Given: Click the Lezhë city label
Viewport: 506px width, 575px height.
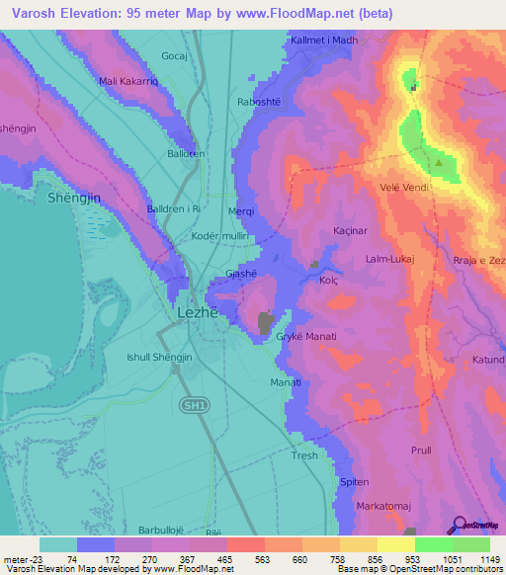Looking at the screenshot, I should pos(196,311).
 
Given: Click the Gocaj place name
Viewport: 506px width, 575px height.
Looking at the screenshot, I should pos(174,56).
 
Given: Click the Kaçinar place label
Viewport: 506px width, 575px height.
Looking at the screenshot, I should pos(350,230).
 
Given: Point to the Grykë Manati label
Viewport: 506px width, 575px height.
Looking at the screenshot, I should pos(306,337).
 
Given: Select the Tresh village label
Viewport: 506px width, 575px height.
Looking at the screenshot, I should pos(304,455).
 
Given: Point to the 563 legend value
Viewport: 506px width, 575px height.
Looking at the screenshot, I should pos(244,559).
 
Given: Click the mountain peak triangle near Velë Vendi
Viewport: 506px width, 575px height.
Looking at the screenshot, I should pos(438,161).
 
